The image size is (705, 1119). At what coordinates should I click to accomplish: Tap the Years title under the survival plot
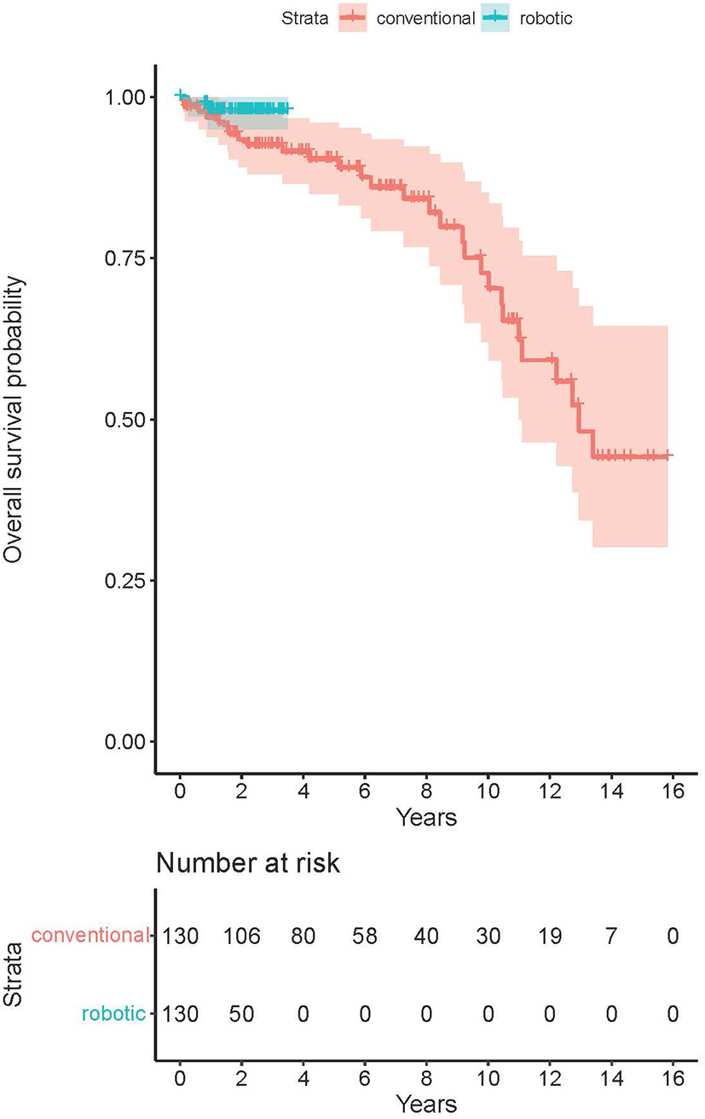click(x=425, y=818)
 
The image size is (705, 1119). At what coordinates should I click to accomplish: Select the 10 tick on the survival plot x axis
click(x=488, y=791)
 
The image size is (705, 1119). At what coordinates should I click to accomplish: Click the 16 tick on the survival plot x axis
click(x=673, y=791)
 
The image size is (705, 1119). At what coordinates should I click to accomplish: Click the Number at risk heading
click(x=248, y=864)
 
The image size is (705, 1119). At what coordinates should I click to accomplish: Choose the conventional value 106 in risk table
click(x=241, y=936)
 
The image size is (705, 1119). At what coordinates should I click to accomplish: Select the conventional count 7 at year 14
click(x=611, y=936)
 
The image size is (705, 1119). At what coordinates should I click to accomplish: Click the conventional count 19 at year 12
click(x=549, y=936)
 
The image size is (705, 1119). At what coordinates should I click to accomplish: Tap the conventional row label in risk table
click(x=90, y=936)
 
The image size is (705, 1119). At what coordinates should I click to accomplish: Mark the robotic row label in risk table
click(x=114, y=1014)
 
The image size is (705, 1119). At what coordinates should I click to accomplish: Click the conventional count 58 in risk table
click(x=365, y=936)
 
